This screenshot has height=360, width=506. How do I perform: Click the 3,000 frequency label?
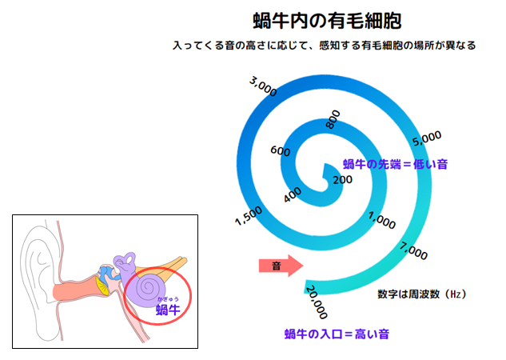(263, 86)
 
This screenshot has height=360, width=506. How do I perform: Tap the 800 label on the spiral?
(333, 119)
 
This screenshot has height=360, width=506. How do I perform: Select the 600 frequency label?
(280, 150)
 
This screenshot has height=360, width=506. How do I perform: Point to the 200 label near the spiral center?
(342, 179)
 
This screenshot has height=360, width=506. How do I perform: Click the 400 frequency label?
(293, 194)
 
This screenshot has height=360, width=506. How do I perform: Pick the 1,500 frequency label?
(249, 216)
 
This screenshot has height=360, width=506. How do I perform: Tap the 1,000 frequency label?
(382, 220)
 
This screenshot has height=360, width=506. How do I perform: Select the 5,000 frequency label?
(427, 138)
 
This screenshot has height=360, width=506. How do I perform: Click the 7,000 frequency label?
(413, 250)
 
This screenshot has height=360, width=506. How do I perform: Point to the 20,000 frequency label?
(317, 302)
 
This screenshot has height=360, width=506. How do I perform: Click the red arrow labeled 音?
(281, 266)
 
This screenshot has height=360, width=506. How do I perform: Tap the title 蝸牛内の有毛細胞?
(327, 21)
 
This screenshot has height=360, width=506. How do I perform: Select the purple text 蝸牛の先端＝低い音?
(396, 164)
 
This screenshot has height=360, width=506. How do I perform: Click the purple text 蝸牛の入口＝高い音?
(337, 334)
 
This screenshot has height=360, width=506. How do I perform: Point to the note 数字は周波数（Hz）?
(422, 294)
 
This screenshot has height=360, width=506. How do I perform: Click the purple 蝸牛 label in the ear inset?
(168, 310)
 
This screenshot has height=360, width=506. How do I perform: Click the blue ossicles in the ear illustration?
(108, 273)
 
